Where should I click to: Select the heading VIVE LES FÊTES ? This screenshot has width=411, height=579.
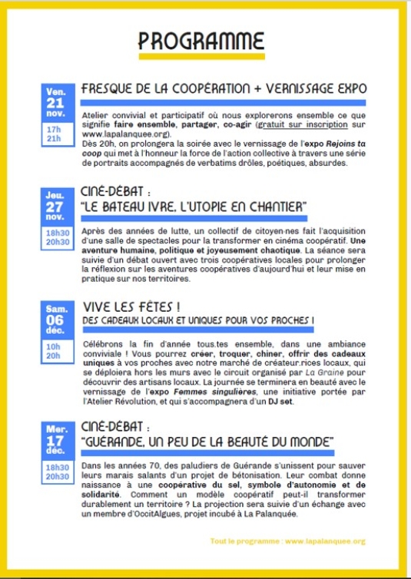click(x=126, y=306)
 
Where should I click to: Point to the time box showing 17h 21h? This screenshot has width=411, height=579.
click(x=54, y=134)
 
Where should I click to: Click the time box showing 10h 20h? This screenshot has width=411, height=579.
click(x=55, y=350)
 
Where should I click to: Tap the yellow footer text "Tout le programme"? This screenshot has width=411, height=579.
click(x=246, y=541)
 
